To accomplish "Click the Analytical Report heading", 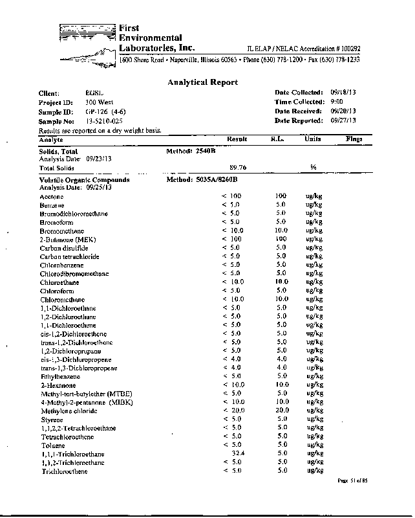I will point(202,82).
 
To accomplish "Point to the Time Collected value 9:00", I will point(337,102).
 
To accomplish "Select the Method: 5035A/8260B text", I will point(203,179).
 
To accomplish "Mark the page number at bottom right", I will point(352,481).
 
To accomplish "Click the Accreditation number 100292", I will point(348,49).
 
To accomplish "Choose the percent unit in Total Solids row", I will point(313,167).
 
